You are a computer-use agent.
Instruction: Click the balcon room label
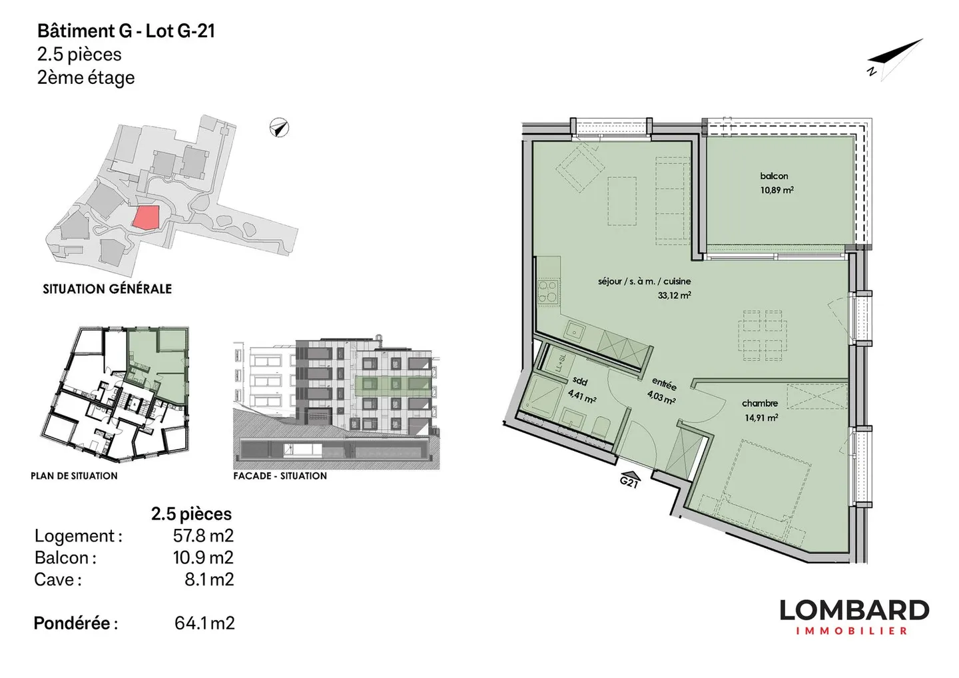774,176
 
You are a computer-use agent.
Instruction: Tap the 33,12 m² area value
674,295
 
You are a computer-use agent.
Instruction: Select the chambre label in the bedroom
760,403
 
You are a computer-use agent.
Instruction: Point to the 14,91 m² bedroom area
761,418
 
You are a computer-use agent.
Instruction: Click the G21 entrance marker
629,480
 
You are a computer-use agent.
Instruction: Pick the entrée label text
664,384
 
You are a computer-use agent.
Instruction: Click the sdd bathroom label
580,382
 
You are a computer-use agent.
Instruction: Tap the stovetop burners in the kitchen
547,291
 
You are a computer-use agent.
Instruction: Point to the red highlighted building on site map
146,217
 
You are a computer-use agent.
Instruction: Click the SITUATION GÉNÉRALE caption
107,289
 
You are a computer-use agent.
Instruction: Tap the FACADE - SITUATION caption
280,476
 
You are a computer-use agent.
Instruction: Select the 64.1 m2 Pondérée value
204,623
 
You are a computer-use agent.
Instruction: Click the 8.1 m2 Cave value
209,579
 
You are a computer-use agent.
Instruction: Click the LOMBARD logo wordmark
854,610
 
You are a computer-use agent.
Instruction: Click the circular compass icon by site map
279,127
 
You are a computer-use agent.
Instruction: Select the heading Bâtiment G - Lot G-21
126,31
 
